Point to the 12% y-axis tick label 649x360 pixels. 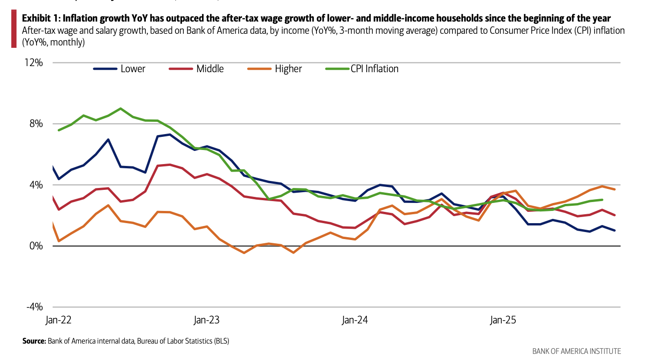pos(34,63)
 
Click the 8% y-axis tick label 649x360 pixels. pos(36,124)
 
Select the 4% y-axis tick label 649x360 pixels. pos(36,185)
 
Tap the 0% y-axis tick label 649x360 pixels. pos(36,246)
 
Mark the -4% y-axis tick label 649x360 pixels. pos(34,307)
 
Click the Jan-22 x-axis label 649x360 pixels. pos(59,321)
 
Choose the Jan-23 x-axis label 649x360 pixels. pos(206,321)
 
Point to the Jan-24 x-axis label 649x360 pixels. pos(355,321)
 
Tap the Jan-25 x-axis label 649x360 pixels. pos(503,321)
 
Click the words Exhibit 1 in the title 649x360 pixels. pos(41,19)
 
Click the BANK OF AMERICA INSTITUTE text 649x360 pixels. pos(576,351)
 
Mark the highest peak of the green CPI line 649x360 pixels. pos(121,108)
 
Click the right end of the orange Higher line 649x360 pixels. pos(614,189)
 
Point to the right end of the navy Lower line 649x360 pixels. pos(614,230)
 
